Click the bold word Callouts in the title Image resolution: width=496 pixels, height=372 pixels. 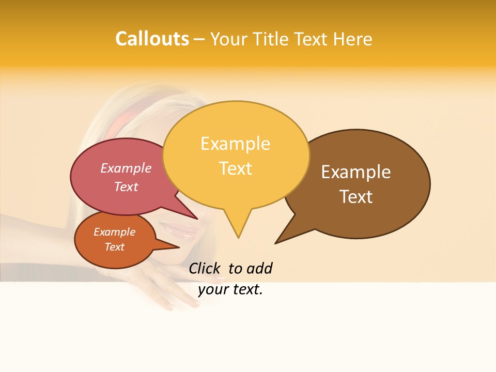(152, 39)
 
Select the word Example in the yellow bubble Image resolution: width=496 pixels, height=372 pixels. (235, 144)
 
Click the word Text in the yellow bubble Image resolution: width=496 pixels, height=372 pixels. (235, 168)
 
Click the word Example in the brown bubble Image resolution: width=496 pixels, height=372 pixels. (356, 172)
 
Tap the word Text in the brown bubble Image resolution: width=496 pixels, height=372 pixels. (356, 197)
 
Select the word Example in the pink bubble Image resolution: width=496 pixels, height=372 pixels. (126, 168)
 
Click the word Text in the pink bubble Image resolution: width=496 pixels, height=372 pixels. (126, 187)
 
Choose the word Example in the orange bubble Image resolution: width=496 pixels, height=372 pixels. (114, 232)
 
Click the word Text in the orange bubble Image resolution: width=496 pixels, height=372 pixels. (114, 247)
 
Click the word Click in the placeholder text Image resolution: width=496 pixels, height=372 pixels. (205, 268)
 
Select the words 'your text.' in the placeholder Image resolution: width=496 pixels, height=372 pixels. (230, 290)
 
